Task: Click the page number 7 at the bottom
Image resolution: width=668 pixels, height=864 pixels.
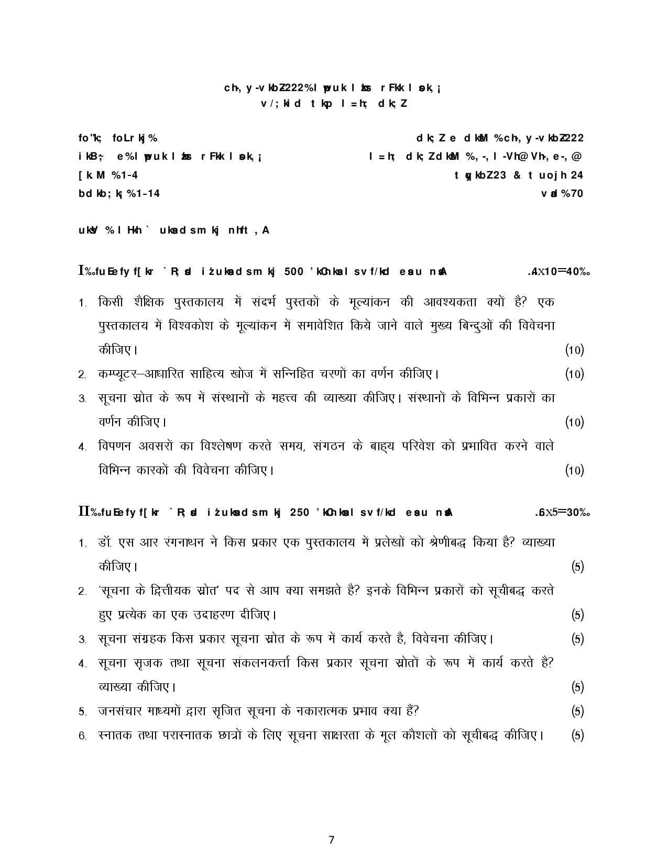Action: pyautogui.click(x=331, y=840)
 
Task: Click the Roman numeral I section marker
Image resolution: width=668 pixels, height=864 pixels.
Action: pyautogui.click(x=81, y=271)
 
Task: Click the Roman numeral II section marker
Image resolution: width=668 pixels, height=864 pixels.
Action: pyautogui.click(x=83, y=512)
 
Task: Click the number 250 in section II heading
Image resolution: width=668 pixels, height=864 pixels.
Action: pyautogui.click(x=299, y=513)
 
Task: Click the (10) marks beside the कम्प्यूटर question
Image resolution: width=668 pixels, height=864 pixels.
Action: pyautogui.click(x=574, y=374)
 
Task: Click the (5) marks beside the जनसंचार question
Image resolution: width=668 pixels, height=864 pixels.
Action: pyautogui.click(x=577, y=711)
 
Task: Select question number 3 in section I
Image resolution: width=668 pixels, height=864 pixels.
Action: pyautogui.click(x=82, y=399)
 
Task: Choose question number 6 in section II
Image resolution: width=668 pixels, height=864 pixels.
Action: pyautogui.click(x=82, y=736)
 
